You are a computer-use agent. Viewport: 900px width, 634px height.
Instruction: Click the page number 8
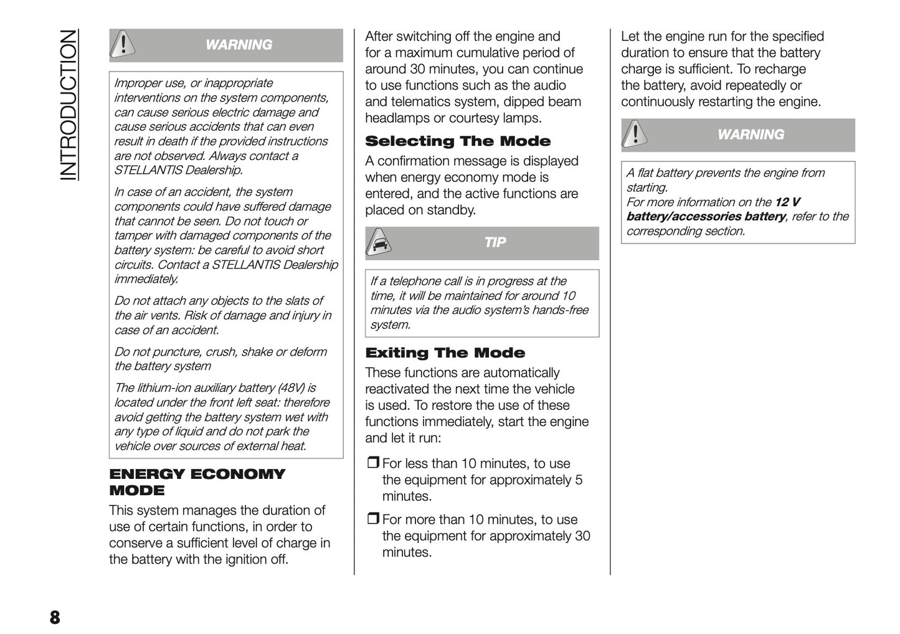(55, 617)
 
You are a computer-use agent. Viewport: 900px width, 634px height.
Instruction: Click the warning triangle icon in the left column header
(124, 44)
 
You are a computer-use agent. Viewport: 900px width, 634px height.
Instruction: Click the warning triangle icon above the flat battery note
(635, 134)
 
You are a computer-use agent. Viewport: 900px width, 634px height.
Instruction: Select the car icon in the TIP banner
(378, 243)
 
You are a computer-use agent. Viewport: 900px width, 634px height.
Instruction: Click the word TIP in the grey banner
(495, 242)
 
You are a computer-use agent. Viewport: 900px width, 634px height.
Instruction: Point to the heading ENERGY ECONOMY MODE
(196, 481)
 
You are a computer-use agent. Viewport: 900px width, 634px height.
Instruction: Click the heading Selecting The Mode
(458, 141)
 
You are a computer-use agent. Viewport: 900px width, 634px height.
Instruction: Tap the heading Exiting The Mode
(445, 353)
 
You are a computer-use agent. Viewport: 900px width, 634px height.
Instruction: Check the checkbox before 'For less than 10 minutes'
(372, 463)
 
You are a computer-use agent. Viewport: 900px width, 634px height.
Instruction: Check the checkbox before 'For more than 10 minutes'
(372, 519)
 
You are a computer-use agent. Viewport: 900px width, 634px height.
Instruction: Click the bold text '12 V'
(787, 202)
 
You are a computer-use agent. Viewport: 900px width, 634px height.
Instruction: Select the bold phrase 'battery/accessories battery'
(706, 216)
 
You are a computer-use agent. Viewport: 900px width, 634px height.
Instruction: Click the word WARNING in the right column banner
(751, 135)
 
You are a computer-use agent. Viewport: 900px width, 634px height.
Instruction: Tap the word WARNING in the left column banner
(239, 45)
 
